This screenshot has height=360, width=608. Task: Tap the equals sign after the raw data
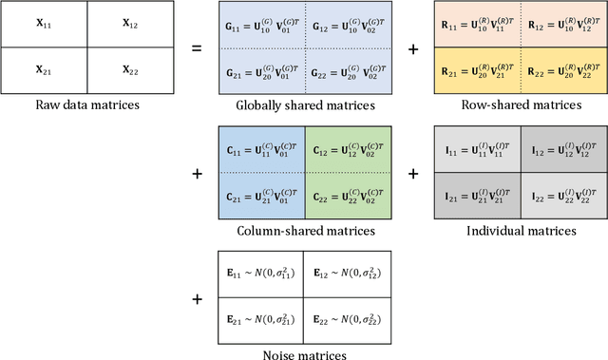click(197, 46)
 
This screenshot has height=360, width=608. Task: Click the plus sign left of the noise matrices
click(197, 299)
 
